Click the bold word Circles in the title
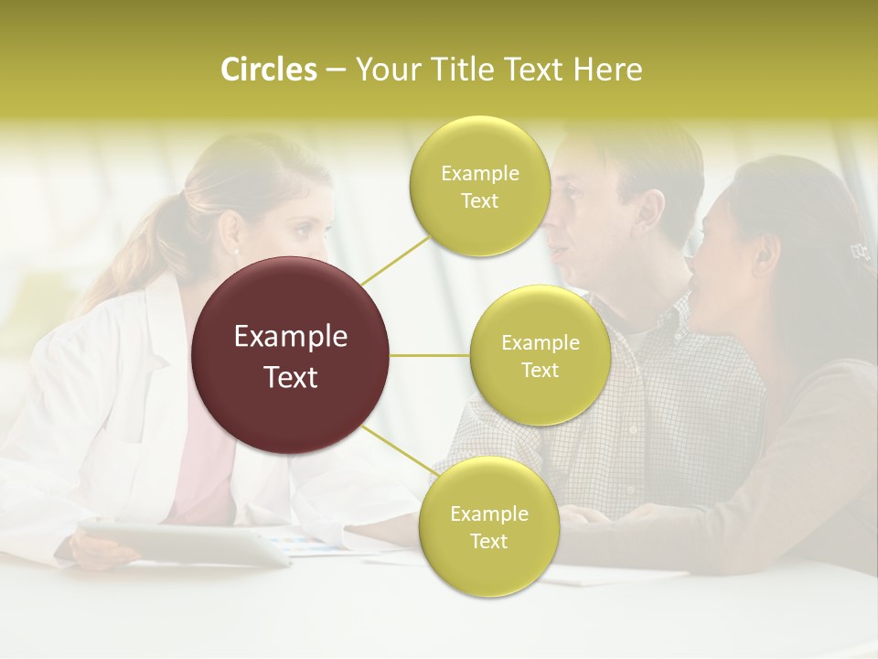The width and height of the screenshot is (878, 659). pyautogui.click(x=268, y=70)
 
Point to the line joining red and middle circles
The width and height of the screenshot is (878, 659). pyautogui.click(x=429, y=355)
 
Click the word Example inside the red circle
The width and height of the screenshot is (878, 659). pyautogui.click(x=291, y=337)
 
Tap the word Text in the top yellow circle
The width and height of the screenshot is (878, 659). pyautogui.click(x=479, y=201)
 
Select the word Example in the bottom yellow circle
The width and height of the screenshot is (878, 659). pyautogui.click(x=488, y=514)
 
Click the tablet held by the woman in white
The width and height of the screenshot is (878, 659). pyautogui.click(x=183, y=542)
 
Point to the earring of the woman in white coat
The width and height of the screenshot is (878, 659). pyautogui.click(x=235, y=252)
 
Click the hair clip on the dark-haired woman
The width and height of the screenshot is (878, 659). pyautogui.click(x=858, y=250)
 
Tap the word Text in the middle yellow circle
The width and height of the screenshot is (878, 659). pyautogui.click(x=540, y=371)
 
